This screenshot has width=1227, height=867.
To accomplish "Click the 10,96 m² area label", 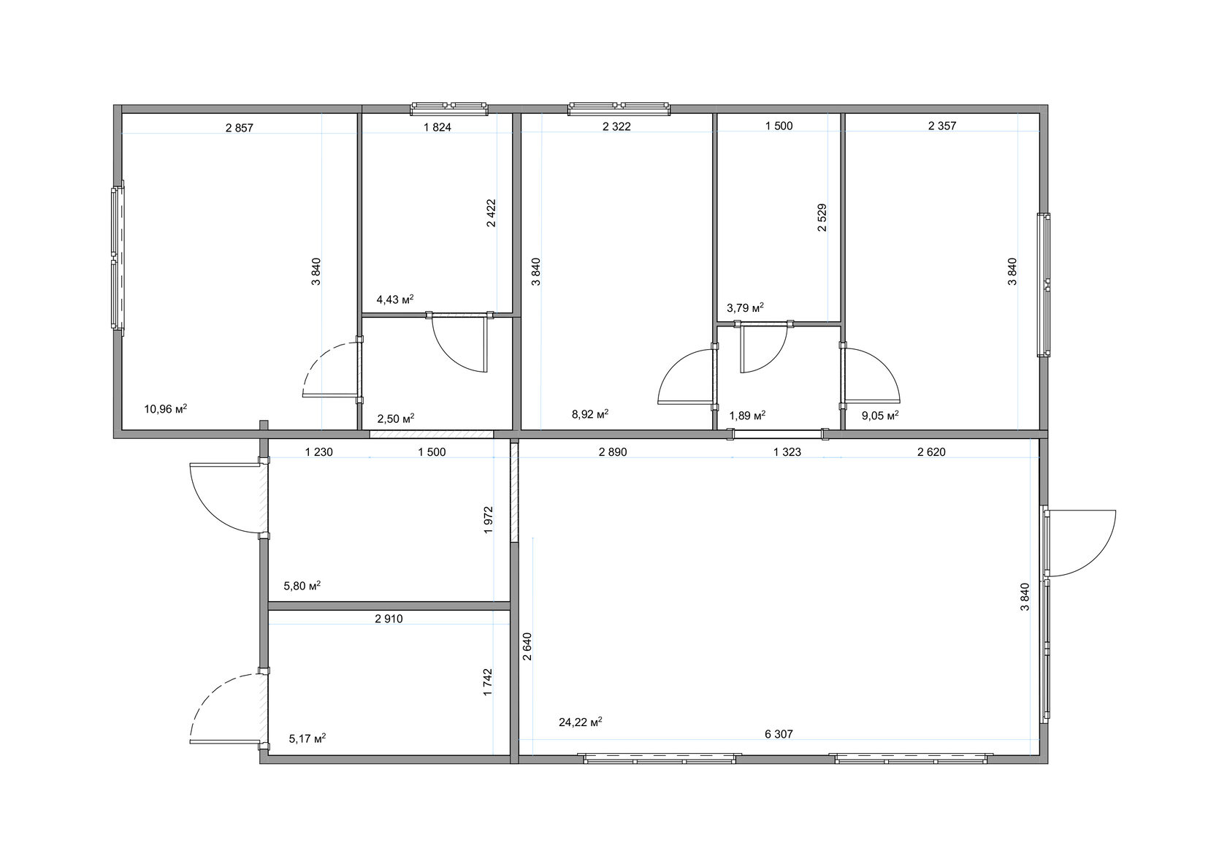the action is pos(165,408).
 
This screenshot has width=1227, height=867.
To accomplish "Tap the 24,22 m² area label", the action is pos(581,722).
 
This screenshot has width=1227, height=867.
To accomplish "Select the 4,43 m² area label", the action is pos(395,299).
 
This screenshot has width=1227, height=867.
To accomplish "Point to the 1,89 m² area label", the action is pos(747,415).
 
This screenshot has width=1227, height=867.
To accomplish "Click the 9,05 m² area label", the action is pos(880,415).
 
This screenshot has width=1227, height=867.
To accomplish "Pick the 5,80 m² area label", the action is pos(302,586).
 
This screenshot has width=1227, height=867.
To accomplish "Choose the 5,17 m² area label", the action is pos(307,738).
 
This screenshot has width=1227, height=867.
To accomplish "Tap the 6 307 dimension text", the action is pos(779,734).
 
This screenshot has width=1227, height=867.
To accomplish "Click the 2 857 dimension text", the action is pos(240,128).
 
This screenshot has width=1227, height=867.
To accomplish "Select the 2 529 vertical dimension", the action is pos(822,218).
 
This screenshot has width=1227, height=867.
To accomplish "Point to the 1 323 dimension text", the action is pos(787,452).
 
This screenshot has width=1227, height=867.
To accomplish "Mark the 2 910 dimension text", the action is pos(389,619).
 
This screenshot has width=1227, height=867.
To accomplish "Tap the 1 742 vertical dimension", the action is pos(488,682).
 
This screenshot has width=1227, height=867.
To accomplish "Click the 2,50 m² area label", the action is pos(396,419).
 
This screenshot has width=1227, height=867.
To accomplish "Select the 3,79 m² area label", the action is pos(745,308).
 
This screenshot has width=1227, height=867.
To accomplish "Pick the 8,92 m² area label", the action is pos(590,414).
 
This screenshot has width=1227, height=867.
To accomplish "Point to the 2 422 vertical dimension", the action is pos(491,213).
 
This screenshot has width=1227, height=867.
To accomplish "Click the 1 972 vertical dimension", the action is pos(489,520).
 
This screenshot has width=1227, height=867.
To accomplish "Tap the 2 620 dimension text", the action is pos(931,452).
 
